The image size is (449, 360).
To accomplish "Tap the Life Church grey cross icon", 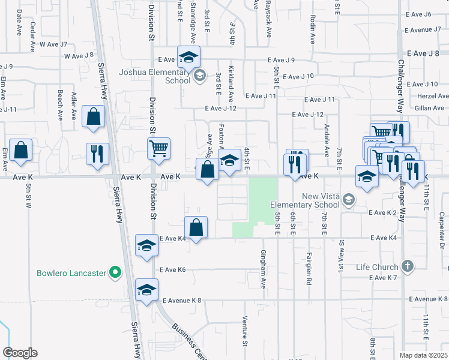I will [x=407, y=266].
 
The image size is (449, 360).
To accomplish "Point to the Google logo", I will [x=20, y=353].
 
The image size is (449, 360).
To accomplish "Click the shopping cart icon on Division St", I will [x=158, y=148].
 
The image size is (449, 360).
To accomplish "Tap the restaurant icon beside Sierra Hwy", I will [x=97, y=153].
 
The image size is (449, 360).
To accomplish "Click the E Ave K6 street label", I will [x=172, y=270].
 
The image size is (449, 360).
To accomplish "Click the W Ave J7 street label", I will [x=53, y=44].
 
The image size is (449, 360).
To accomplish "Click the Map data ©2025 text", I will [x=423, y=355].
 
